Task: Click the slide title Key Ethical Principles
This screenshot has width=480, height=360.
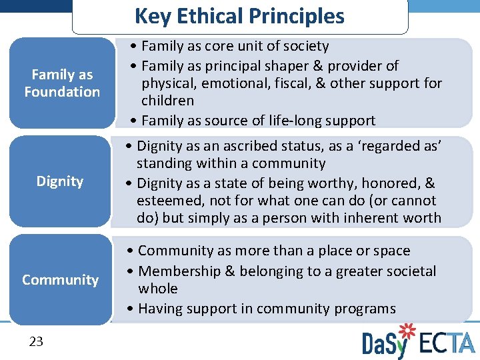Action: tap(239, 16)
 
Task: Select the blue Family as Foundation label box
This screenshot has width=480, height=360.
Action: tap(61, 83)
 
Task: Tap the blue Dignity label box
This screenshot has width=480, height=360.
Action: tap(60, 181)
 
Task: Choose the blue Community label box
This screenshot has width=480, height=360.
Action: tap(60, 280)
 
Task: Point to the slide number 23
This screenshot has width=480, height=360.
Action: tap(36, 342)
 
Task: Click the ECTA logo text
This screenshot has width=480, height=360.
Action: tap(447, 343)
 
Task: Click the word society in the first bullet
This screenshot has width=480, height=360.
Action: tap(306, 46)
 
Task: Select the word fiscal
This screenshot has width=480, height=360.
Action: tap(295, 83)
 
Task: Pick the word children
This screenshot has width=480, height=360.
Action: tap(167, 101)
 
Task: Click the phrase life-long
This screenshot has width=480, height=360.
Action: tap(289, 121)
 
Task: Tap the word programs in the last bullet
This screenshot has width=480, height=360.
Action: tap(365, 309)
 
